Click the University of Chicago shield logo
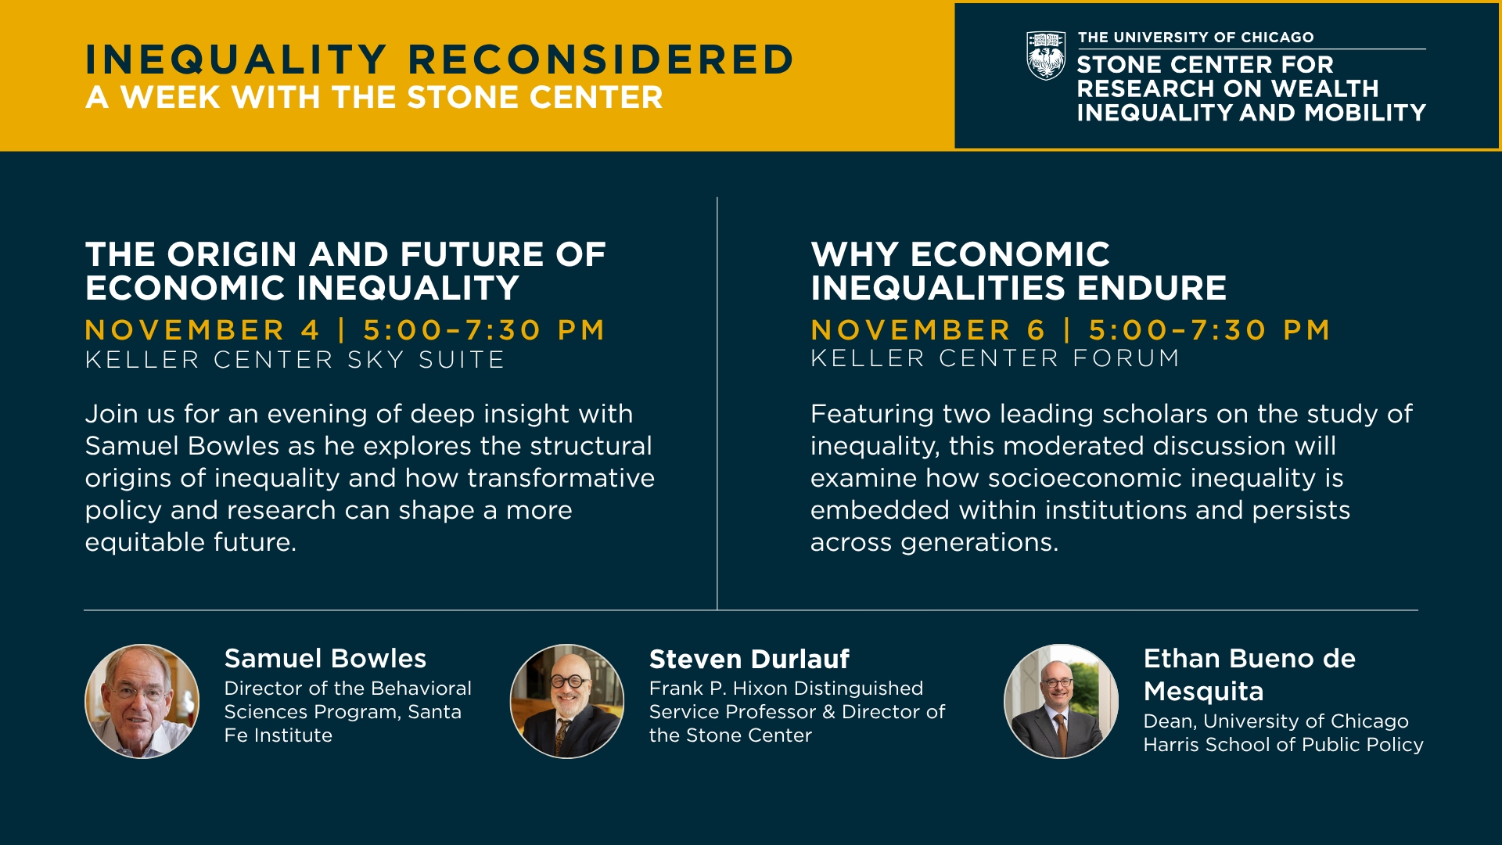[1046, 56]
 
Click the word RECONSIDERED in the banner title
[601, 59]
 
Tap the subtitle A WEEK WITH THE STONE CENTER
[374, 98]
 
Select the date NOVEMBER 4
[203, 330]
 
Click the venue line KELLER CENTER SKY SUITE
[295, 360]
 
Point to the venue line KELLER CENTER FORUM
[995, 358]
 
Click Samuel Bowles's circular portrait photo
[142, 701]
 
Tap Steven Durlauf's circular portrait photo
[567, 701]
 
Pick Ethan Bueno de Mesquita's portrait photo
[1062, 701]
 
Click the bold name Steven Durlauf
[749, 660]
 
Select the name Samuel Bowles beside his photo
[325, 659]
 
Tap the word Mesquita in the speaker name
[1204, 692]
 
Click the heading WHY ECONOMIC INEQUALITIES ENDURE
[1019, 271]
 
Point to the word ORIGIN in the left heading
[232, 255]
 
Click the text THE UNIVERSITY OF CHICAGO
[1196, 38]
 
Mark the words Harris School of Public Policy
[1284, 745]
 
